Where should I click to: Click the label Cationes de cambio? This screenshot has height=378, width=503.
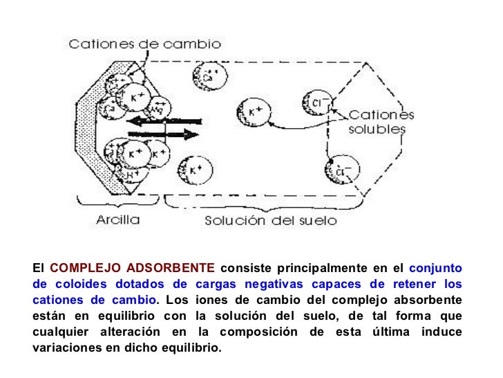[x=144, y=44]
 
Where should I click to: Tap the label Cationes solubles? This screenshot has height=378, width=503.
[x=381, y=122]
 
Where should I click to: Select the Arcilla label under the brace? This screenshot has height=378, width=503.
[x=117, y=221]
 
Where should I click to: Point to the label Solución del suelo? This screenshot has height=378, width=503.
[x=271, y=221]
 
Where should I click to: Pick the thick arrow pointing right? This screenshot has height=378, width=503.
[x=164, y=134]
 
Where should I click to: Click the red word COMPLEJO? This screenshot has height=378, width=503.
[x=78, y=268]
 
